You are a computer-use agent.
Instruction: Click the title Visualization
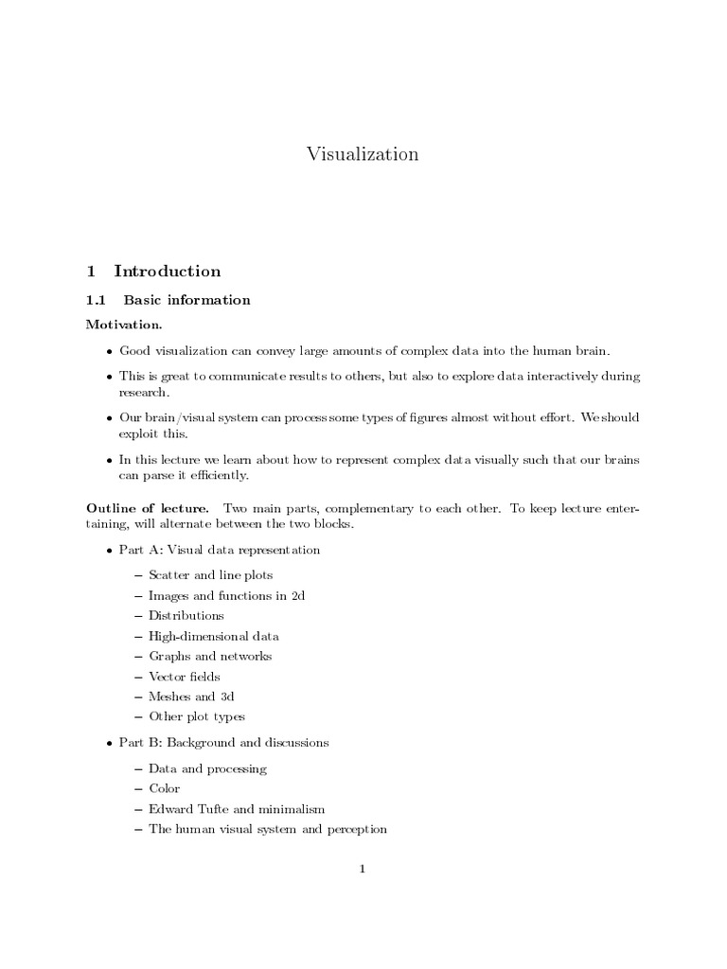pos(363,154)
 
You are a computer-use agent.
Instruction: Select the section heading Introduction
pos(168,272)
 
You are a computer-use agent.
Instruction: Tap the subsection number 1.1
pos(98,301)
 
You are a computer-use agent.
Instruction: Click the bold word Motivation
pos(123,325)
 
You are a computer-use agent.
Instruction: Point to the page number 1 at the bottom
pos(363,869)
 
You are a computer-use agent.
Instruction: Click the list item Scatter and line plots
pos(210,574)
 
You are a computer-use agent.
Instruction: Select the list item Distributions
pos(186,615)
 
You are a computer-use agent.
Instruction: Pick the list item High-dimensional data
pos(213,636)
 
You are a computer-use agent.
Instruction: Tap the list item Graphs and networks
pos(210,656)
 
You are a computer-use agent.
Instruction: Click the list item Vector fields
pos(186,677)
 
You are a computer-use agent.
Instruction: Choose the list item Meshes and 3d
pos(190,696)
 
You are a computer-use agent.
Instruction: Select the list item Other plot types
pos(197,717)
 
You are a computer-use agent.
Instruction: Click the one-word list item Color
pos(164,788)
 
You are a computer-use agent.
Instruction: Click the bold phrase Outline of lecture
pos(148,509)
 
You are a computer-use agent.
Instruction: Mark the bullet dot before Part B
pos(109,744)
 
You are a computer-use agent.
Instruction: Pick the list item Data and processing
pos(207,768)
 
